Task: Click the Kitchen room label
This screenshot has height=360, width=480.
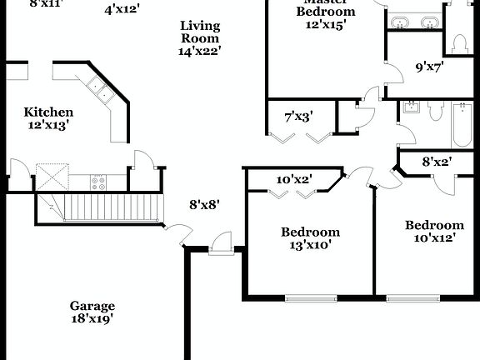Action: [x=48, y=112]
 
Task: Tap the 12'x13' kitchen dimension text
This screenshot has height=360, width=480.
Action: [x=48, y=126]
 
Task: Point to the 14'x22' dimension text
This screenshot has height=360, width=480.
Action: [x=200, y=51]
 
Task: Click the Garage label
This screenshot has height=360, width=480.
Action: [x=92, y=306]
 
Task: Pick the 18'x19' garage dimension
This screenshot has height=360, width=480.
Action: [x=92, y=318]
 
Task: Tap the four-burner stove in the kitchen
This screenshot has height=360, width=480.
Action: [x=98, y=181]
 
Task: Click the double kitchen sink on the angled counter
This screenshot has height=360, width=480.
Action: [x=101, y=90]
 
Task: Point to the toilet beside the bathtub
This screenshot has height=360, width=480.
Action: [x=434, y=119]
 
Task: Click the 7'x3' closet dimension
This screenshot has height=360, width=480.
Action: [x=298, y=117]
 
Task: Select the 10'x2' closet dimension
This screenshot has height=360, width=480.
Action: [x=292, y=179]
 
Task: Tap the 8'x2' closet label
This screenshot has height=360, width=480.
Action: [x=437, y=162]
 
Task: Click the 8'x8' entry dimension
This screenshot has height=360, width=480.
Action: [x=204, y=203]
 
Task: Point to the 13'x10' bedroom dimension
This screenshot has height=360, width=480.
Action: [x=310, y=245]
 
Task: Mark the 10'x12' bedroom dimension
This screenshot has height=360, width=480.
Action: [x=434, y=238]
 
